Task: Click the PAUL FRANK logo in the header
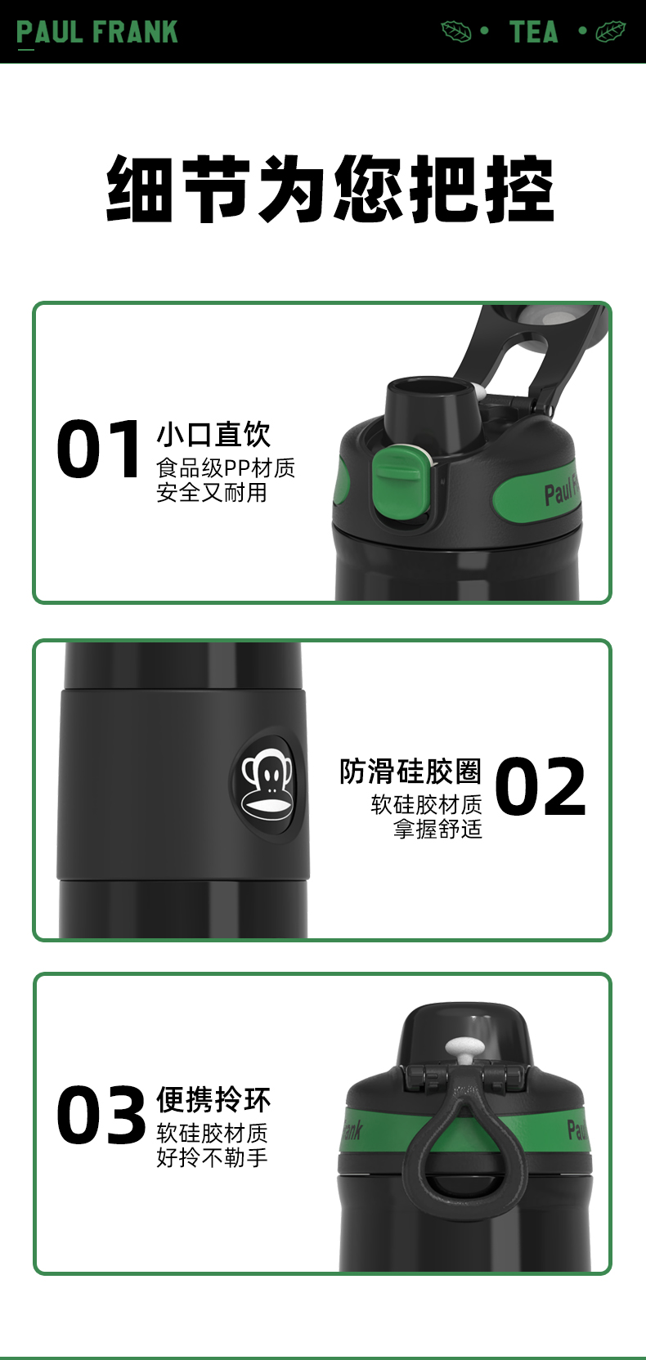97,32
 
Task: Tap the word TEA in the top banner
534,32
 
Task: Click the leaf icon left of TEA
455,32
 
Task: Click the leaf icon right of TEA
610,32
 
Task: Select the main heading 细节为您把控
330,188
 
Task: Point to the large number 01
99,450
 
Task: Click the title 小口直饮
213,434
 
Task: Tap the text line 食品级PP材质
226,467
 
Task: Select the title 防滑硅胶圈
410,771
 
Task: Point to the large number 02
541,786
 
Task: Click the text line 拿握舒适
437,829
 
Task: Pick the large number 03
101,1115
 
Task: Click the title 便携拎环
213,1099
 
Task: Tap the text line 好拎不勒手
212,1157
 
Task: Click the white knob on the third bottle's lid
465,1047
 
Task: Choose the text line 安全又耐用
212,492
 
